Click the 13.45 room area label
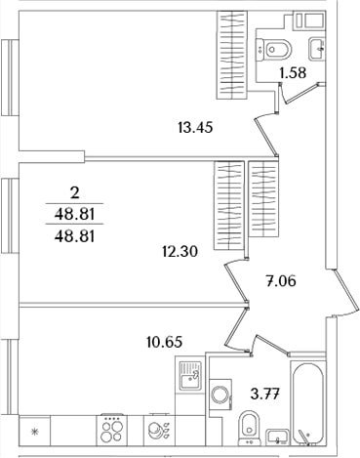coord(195,127)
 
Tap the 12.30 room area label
coord(180,251)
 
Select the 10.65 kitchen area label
coord(164,342)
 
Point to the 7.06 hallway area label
coord(281,280)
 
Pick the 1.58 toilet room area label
coord(293,72)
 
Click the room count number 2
coord(74,194)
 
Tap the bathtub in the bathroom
coord(307,403)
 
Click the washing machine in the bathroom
coord(220,396)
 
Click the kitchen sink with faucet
coord(191,376)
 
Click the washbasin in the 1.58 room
coord(316,49)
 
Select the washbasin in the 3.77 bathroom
coord(277,437)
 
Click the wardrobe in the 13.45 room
coord(232,55)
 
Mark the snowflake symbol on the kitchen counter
coord(34,432)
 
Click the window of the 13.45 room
coord(10,77)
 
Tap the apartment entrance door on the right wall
coord(343,293)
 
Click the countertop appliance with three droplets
coord(159,430)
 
